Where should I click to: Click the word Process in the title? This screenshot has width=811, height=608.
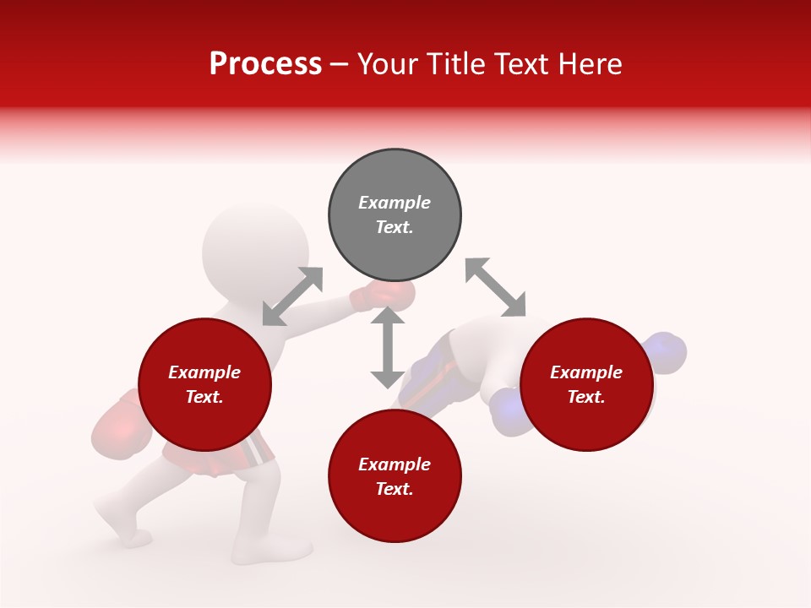[265, 64]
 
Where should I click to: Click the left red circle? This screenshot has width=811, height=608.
[204, 385]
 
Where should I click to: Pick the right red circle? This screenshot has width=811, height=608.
[586, 385]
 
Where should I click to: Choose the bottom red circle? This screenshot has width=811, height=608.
[395, 476]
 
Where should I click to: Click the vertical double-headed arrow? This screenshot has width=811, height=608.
[387, 347]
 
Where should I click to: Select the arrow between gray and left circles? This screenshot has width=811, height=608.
[292, 296]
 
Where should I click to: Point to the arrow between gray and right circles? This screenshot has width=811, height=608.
[495, 288]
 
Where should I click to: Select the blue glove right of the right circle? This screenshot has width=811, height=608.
[665, 353]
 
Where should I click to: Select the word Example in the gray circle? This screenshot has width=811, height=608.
[395, 203]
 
